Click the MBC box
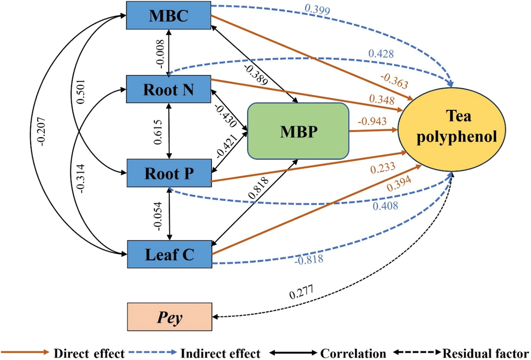click(x=168, y=15)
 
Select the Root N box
click(x=168, y=89)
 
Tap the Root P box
click(x=169, y=173)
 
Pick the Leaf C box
click(x=170, y=254)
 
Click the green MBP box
click(x=298, y=131)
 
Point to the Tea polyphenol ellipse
click(x=452, y=129)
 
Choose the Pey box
click(x=170, y=316)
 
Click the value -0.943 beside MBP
click(x=372, y=121)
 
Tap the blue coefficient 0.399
click(x=317, y=10)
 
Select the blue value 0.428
click(x=381, y=54)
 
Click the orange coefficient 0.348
click(x=382, y=99)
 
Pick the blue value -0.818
click(x=309, y=260)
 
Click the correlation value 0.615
click(x=158, y=132)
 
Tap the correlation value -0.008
click(x=160, y=54)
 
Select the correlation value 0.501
click(x=81, y=91)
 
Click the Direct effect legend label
click(x=89, y=353)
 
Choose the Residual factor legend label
click(x=486, y=353)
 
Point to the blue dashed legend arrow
click(x=153, y=352)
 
